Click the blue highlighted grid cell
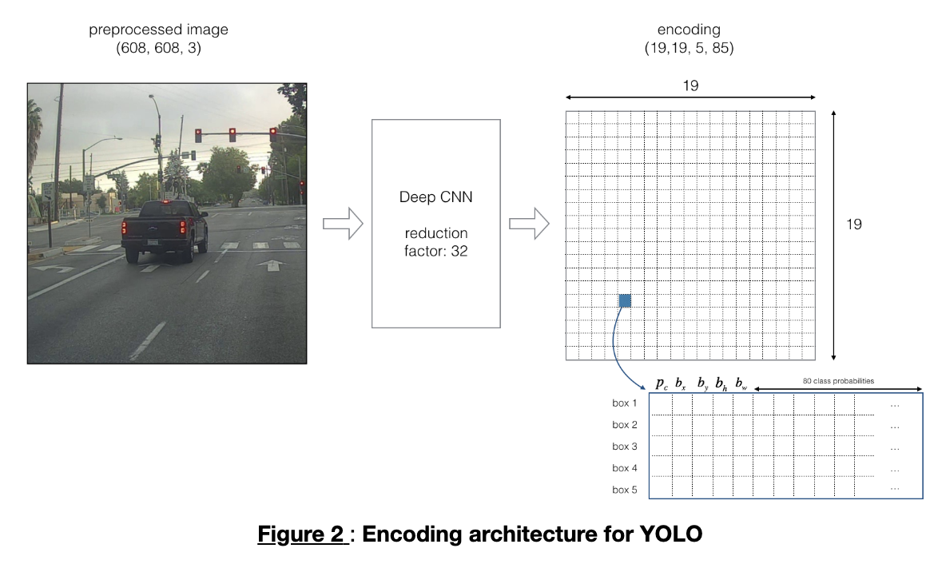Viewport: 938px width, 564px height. pyautogui.click(x=625, y=300)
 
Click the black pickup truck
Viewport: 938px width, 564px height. pyautogui.click(x=165, y=229)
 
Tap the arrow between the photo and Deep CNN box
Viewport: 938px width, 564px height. pyautogui.click(x=343, y=224)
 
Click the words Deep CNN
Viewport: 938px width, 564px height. pyautogui.click(x=435, y=197)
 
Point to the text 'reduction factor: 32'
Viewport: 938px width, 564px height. pyautogui.click(x=435, y=242)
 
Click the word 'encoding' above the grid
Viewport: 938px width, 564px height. pyautogui.click(x=689, y=30)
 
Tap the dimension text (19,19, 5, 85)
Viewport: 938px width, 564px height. pyautogui.click(x=689, y=48)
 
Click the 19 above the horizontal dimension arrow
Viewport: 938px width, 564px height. pyautogui.click(x=690, y=85)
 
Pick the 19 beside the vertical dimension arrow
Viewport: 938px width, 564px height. pyautogui.click(x=854, y=224)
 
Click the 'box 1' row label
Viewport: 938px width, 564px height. pyautogui.click(x=625, y=403)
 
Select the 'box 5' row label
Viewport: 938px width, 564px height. pyautogui.click(x=625, y=490)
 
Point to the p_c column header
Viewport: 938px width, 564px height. pyautogui.click(x=662, y=383)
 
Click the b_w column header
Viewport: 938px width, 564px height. pyautogui.click(x=741, y=383)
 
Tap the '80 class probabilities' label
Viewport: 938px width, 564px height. pyautogui.click(x=838, y=381)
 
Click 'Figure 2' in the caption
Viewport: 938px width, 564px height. pyautogui.click(x=303, y=534)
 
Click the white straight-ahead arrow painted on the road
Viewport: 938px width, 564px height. pyautogui.click(x=273, y=264)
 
